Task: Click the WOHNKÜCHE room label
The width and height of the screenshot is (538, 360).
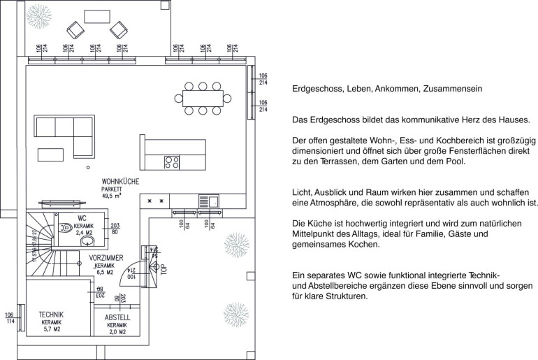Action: [119, 181]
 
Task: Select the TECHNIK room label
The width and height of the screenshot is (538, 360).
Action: [52, 314]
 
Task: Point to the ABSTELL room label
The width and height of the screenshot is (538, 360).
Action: [117, 318]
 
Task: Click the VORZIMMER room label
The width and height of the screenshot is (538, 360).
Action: [107, 259]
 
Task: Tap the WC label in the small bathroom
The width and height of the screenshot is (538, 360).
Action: [82, 218]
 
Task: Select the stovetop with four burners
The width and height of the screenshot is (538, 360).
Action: [171, 162]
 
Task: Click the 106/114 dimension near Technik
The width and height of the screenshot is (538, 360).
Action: [9, 318]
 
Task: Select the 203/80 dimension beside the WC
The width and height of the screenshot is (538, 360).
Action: [115, 228]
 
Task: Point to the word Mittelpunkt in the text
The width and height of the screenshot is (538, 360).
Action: [319, 234]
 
